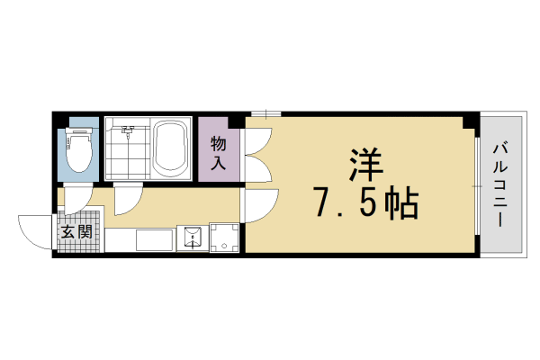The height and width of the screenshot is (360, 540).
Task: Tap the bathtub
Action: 170,148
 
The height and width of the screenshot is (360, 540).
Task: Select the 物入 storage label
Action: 219,153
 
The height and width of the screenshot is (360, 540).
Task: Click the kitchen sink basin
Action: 191,238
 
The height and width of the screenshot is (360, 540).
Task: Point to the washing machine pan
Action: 225,238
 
